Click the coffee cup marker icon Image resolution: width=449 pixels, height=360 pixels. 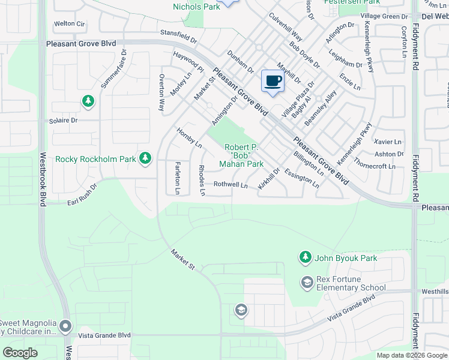click(273, 81)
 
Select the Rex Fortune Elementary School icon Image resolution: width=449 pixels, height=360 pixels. click(307, 282)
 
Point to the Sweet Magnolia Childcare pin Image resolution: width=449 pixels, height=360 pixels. click(65, 326)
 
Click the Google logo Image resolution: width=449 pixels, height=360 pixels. click(20, 353)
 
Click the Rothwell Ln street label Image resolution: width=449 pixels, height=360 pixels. click(231, 185)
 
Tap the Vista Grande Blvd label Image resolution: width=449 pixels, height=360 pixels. click(108, 335)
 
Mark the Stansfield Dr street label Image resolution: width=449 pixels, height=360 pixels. click(178, 37)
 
